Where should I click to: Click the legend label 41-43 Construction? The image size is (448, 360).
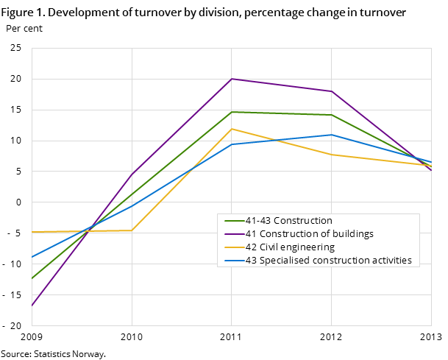click(x=288, y=221)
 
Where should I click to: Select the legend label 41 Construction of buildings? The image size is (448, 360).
click(x=309, y=234)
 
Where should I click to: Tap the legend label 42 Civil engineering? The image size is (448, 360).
click(x=290, y=247)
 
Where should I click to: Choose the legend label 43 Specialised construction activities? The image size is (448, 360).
click(x=328, y=261)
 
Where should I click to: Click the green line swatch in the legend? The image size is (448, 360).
click(x=233, y=221)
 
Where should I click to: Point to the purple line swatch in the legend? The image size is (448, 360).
click(x=233, y=234)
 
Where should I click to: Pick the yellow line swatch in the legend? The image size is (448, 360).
click(x=233, y=247)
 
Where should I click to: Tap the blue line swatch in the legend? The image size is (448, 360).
click(x=233, y=261)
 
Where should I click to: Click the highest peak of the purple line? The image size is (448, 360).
click(x=232, y=79)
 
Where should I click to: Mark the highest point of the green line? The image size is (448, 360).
click(x=232, y=112)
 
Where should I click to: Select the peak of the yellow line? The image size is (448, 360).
click(x=232, y=129)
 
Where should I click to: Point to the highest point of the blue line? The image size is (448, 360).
click(x=332, y=135)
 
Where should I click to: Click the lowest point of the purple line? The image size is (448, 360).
click(x=32, y=306)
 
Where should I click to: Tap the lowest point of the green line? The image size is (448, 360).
click(x=32, y=279)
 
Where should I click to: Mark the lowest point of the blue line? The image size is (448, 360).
click(x=32, y=257)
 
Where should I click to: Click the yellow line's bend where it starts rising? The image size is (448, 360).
click(x=132, y=230)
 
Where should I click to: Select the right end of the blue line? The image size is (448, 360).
click(x=431, y=163)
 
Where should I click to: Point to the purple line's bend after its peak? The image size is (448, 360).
click(x=332, y=91)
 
